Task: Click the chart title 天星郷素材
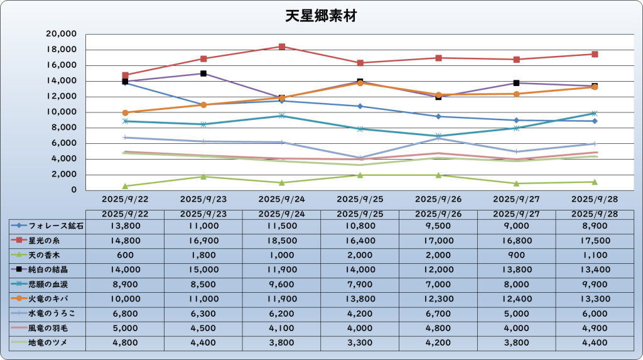tap(321, 16)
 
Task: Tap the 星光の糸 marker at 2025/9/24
tap(282, 46)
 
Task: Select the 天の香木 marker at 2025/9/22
tap(125, 186)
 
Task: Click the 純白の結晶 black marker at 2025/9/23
tap(203, 74)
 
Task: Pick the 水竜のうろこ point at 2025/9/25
tap(360, 158)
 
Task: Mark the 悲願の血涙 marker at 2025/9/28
tap(595, 113)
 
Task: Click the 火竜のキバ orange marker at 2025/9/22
tap(125, 112)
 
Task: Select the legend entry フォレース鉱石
tap(48, 226)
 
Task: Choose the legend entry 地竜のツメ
tap(48, 342)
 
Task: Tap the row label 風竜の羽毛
tap(48, 328)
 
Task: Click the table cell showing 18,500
tap(281, 240)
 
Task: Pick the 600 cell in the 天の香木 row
tap(125, 254)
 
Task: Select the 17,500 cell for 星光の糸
tap(595, 240)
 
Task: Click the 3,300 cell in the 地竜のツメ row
tap(360, 342)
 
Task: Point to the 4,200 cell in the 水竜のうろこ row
tap(360, 313)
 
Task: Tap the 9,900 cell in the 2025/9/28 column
tap(595, 284)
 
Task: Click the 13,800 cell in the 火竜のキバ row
tap(360, 298)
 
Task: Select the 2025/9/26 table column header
tap(438, 214)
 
